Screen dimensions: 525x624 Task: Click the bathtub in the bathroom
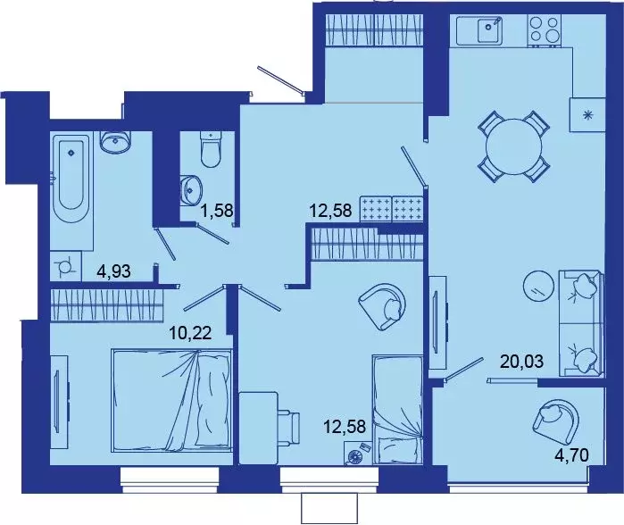click(x=71, y=179)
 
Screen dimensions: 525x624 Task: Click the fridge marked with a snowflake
click(x=587, y=113)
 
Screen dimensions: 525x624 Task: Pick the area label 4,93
click(x=113, y=271)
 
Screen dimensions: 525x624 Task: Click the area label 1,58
click(x=218, y=212)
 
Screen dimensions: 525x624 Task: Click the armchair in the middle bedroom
click(x=383, y=305)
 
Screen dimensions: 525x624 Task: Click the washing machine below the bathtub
click(x=65, y=265)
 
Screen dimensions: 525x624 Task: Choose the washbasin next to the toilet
click(x=190, y=188)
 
